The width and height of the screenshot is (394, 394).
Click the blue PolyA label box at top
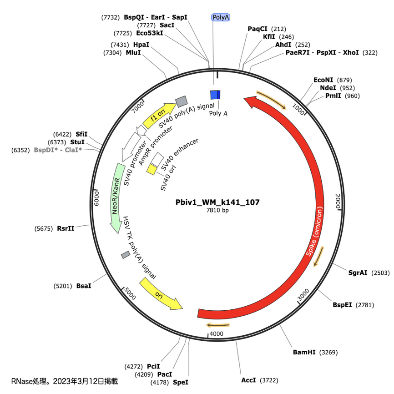pyautogui.click(x=221, y=17)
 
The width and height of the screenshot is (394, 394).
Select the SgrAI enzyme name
pyautogui.click(x=358, y=273)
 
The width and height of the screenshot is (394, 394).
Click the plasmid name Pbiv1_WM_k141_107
pyautogui.click(x=217, y=202)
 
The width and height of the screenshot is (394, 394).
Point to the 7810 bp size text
pyautogui.click(x=217, y=210)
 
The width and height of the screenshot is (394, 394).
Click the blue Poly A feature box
pyautogui.click(x=215, y=95)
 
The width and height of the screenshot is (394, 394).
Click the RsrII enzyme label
pyautogui.click(x=66, y=228)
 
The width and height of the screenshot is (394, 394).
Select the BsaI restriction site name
pyautogui.click(x=84, y=286)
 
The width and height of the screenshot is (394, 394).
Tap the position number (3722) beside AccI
pyautogui.click(x=268, y=380)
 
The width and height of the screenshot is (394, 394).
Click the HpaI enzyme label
pyautogui.click(x=141, y=45)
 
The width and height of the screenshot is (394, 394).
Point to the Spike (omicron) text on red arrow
pyautogui.click(x=315, y=232)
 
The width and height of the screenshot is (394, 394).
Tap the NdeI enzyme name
pyautogui.click(x=328, y=88)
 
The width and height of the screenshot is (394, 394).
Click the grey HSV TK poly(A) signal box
pyautogui.click(x=126, y=255)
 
